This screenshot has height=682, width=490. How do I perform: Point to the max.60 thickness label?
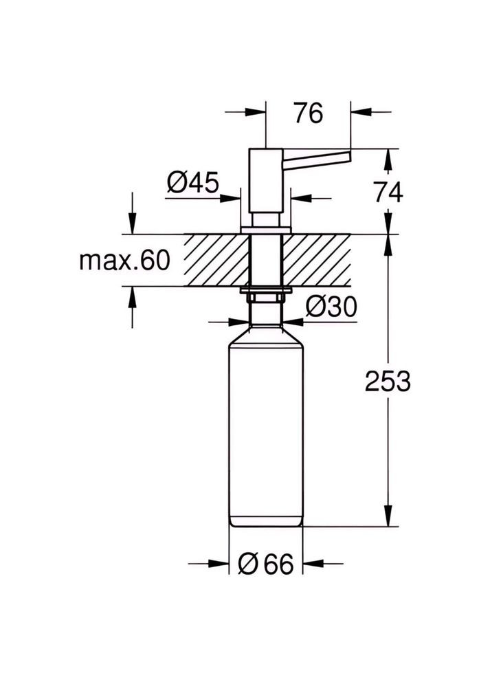pyautogui.click(x=124, y=261)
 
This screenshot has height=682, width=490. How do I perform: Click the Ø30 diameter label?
pyautogui.click(x=331, y=307)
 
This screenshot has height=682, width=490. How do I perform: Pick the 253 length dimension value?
pyautogui.click(x=388, y=380)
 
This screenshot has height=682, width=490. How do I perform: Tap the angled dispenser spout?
pyautogui.click(x=318, y=159)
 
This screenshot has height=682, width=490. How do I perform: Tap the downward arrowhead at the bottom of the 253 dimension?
pyautogui.click(x=388, y=516)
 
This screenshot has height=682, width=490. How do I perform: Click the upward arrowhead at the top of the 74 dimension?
pyautogui.click(x=388, y=159)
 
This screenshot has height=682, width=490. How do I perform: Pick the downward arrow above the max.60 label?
pyautogui.click(x=133, y=224)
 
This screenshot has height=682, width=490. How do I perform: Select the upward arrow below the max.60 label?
pyautogui.click(x=133, y=297)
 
